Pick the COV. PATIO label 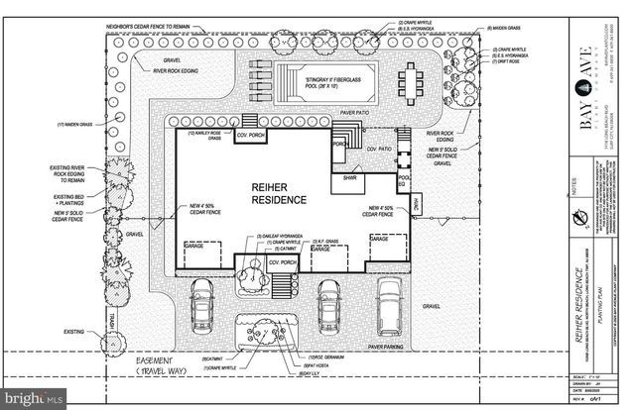point(381,149)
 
